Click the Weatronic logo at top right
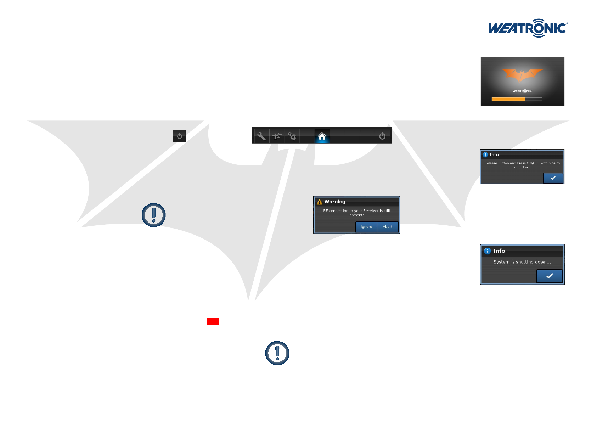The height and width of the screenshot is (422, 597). point(528,28)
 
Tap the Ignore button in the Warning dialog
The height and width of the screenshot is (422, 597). point(366,227)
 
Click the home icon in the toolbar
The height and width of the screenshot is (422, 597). point(322,136)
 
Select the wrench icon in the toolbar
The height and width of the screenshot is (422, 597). point(261,136)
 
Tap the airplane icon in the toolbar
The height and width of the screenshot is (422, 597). point(277,136)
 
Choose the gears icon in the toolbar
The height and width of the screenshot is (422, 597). point(292,136)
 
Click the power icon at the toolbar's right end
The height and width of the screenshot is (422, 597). point(382,136)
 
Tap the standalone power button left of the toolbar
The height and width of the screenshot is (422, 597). point(179,136)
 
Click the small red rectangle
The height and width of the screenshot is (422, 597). point(213,321)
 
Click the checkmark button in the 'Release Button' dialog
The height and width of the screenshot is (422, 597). point(553,178)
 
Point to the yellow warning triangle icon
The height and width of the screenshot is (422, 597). point(319,202)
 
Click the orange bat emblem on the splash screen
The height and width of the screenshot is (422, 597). point(522,75)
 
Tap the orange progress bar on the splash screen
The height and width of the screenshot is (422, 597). point(508,99)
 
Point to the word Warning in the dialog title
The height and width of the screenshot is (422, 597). point(335,202)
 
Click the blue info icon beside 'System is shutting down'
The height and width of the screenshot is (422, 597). point(487,251)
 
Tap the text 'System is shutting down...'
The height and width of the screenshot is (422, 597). point(522,262)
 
